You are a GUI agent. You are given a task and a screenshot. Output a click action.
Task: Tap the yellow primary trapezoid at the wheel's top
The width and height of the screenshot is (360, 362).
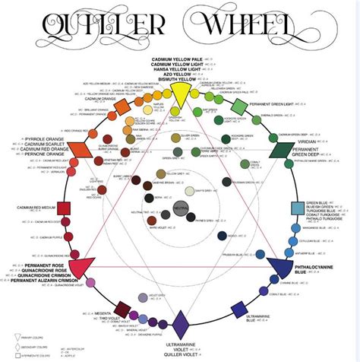click(x=180, y=90)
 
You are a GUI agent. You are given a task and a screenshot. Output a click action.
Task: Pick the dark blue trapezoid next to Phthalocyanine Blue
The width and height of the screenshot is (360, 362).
click(x=279, y=267)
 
